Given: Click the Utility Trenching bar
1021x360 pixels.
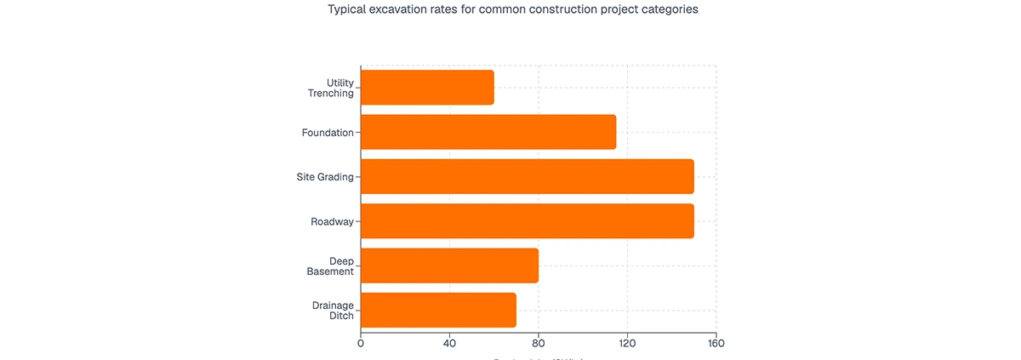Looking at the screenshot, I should point(427,88).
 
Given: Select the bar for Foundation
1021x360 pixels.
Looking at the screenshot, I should point(488,132).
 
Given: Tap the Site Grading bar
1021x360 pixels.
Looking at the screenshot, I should point(528,176).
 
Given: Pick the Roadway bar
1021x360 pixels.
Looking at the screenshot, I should point(528,221).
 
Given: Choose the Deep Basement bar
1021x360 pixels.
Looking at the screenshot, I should point(449,266).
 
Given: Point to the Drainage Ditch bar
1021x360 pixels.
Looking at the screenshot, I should point(438,310).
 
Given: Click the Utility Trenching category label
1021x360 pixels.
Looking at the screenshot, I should point(331,88).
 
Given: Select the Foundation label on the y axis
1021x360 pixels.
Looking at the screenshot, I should point(328,133).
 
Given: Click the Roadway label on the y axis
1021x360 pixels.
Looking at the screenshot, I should point(332,221).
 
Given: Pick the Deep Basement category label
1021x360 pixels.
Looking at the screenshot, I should point(330,266).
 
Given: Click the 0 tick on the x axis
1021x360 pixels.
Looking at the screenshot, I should point(361,344).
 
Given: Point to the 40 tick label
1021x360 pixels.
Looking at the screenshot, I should point(449,344).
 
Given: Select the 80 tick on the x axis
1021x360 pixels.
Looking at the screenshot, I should point(539,344).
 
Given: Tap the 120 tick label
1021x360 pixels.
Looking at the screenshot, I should point(627,344).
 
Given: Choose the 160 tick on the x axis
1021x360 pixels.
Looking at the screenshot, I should point(716,344).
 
